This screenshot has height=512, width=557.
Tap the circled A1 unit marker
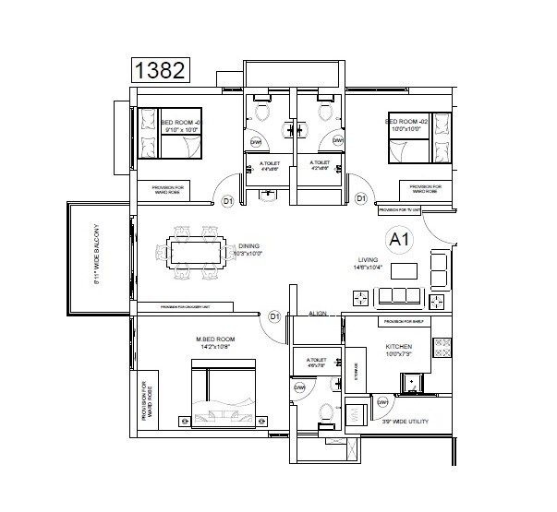(x=400, y=241)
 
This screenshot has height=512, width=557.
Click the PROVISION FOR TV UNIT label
(x=400, y=210)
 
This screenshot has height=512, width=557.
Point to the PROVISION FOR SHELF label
(x=404, y=320)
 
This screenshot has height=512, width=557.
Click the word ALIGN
(x=320, y=314)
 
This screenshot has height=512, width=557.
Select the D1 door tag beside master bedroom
(x=274, y=317)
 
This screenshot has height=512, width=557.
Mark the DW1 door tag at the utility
(x=382, y=401)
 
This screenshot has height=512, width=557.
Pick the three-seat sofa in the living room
(x=405, y=295)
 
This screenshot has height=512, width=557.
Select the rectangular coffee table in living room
(x=404, y=270)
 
